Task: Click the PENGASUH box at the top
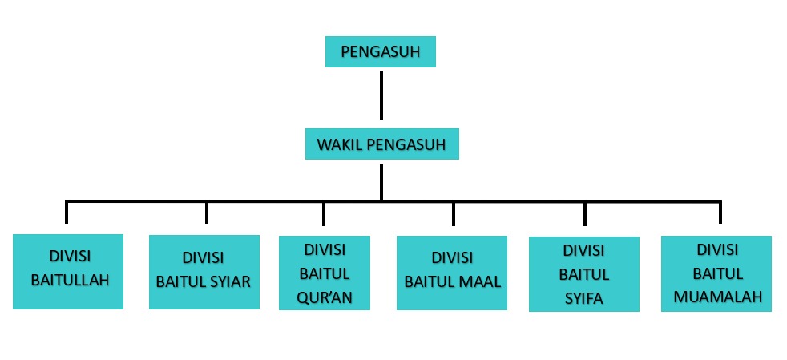pyautogui.click(x=381, y=53)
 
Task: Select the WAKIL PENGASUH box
pyautogui.click(x=381, y=145)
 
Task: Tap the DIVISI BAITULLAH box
pyautogui.click(x=68, y=271)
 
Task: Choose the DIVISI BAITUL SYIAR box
pyautogui.click(x=204, y=271)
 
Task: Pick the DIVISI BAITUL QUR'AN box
pyautogui.click(x=324, y=272)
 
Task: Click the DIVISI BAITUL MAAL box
pyautogui.click(x=452, y=272)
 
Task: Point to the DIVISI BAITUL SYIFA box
pyautogui.click(x=583, y=274)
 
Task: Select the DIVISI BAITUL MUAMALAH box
pyautogui.click(x=717, y=273)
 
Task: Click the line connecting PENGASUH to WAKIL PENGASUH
pyautogui.click(x=381, y=95)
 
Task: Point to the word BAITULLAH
pyautogui.click(x=69, y=281)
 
